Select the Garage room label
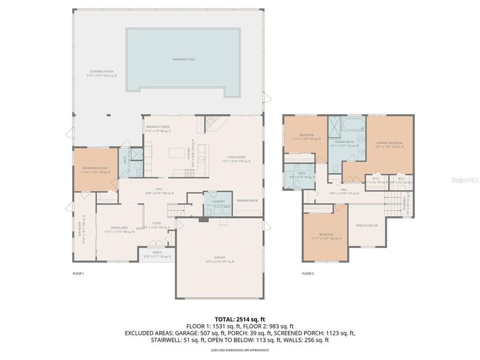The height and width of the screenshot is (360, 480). click(x=219, y=259)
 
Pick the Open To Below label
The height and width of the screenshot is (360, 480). click(x=366, y=225)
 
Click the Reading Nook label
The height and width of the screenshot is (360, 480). click(x=247, y=200)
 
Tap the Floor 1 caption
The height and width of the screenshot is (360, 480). click(x=78, y=273)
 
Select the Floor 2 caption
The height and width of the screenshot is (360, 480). click(x=308, y=273)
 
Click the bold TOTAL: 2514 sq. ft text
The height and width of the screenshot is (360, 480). click(x=240, y=318)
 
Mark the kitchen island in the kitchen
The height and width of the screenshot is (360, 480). click(x=175, y=152)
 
